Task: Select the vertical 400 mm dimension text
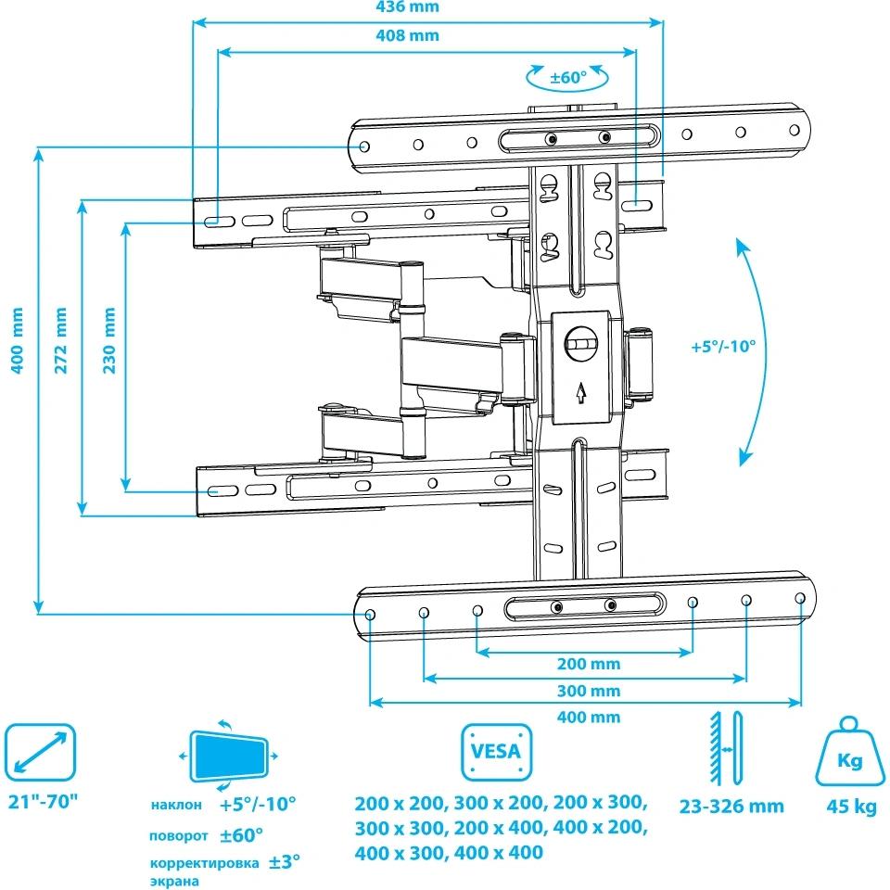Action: pos(16,340)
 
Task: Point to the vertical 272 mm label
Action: pos(61,340)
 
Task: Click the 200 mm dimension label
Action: pos(589,665)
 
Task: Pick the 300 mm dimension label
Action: pos(589,692)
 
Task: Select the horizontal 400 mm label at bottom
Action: pos(589,718)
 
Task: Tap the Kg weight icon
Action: pos(850,753)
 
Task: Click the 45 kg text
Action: pos(851,807)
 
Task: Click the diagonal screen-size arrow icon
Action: pos(41,752)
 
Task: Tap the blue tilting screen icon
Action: pos(229,755)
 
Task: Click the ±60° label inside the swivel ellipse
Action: pos(568,77)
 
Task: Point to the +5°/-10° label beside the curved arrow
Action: pos(723,347)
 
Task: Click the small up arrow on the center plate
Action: pos(580,393)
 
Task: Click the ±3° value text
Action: pos(285,861)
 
